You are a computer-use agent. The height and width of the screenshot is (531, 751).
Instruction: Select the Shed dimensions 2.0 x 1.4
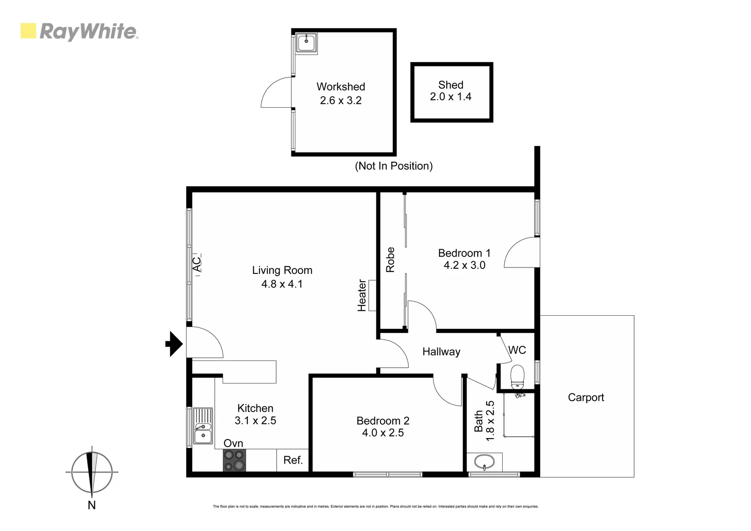[450, 97]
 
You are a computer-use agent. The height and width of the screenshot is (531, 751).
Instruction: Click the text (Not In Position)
[394, 166]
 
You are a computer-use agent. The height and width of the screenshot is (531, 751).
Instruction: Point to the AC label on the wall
[197, 264]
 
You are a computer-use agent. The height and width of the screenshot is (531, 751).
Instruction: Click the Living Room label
[282, 270]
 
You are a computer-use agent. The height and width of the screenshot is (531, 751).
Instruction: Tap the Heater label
[362, 295]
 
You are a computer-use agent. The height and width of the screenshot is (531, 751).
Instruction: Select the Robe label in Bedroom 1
[390, 260]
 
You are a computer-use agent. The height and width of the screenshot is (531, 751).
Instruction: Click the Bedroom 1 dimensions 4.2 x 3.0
[464, 265]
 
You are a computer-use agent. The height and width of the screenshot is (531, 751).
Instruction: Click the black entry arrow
[173, 344]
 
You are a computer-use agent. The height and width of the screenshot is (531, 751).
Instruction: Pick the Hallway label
[441, 352]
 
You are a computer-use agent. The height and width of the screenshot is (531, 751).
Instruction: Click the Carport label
[585, 397]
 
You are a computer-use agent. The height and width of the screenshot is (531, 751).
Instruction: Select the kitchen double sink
[202, 426]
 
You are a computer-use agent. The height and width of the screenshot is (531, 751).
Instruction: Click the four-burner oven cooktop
[234, 460]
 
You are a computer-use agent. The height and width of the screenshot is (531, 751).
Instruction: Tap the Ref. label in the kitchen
[293, 460]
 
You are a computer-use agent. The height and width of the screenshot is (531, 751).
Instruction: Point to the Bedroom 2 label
[382, 421]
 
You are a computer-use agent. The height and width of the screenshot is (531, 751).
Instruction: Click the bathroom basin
[485, 463]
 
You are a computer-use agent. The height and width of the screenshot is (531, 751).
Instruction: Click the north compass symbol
[91, 472]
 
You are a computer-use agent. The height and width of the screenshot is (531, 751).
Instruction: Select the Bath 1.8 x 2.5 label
[484, 421]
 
